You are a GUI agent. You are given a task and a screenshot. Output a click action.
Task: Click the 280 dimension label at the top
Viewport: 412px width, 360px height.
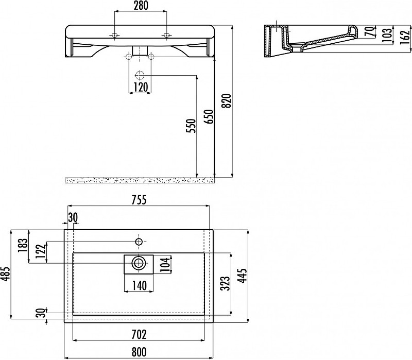click(141, 6)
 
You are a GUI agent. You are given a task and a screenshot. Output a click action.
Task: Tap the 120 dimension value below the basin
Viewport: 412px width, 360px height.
click(141, 87)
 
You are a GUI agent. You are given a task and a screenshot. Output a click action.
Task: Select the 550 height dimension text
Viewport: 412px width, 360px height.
click(192, 126)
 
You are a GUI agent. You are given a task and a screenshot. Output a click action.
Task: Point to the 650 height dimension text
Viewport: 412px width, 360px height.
click(210, 117)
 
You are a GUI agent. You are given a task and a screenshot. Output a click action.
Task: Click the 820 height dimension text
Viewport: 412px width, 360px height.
click(227, 100)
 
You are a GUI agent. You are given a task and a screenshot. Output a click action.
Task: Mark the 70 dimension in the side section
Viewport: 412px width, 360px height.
click(370, 31)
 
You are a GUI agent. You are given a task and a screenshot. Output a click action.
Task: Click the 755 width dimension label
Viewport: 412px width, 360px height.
click(139, 200)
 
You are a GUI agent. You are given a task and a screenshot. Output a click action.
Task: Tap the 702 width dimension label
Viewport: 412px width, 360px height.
click(139, 335)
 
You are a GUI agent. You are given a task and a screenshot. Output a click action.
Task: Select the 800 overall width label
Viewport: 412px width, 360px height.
click(139, 352)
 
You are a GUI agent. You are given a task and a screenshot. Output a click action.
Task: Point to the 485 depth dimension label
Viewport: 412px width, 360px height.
click(5, 274)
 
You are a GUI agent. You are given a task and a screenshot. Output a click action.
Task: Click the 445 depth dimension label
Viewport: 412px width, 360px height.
click(242, 276)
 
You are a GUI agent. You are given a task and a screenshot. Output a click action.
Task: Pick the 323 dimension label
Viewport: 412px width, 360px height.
click(225, 284)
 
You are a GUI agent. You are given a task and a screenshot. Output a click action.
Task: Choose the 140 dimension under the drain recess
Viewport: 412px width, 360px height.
click(139, 286)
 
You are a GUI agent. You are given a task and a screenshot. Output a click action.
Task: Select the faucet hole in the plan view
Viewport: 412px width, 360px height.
click(139, 242)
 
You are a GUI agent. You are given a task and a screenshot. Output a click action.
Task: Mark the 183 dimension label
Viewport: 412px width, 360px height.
click(23, 246)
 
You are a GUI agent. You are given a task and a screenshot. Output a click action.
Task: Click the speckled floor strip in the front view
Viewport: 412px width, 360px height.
click(140, 180)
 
